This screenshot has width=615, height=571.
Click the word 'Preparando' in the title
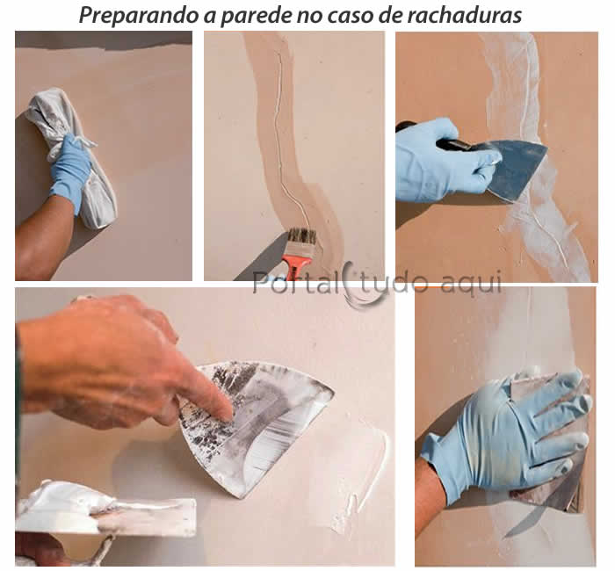128,15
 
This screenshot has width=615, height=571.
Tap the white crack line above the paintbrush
279,132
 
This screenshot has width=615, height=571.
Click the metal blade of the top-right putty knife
518,167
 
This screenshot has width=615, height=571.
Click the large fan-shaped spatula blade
264,422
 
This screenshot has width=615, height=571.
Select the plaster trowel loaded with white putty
105,514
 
